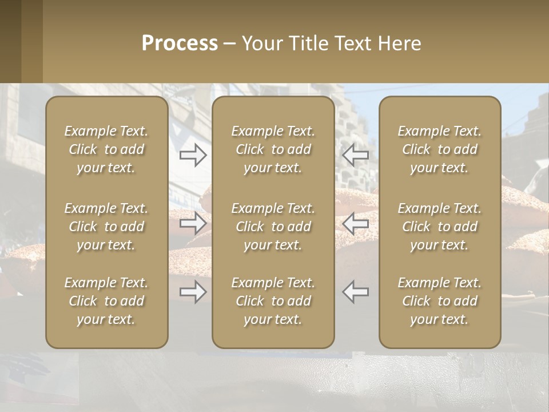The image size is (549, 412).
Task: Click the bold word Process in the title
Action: [180, 43]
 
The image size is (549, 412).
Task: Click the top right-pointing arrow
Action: [193, 154]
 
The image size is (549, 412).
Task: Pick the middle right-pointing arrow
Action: [193, 223]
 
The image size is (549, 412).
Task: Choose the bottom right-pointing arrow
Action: [193, 292]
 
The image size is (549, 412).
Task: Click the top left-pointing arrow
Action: [355, 154]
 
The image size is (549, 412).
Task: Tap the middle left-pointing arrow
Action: [355, 223]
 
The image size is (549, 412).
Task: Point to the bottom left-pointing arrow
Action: [355, 292]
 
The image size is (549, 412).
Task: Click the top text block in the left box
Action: [106, 149]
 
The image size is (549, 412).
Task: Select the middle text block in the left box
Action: [106, 227]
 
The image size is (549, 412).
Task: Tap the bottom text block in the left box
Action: [106, 301]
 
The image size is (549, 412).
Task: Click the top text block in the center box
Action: [273, 149]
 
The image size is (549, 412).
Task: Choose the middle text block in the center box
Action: [273, 227]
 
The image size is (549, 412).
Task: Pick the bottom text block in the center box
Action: [273, 301]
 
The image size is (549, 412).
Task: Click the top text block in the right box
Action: [439, 149]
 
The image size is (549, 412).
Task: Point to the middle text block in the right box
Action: [439, 227]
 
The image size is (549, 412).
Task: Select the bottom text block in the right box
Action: [439, 301]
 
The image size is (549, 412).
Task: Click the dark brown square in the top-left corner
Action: [10, 41]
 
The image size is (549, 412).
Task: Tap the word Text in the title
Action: [353, 43]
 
